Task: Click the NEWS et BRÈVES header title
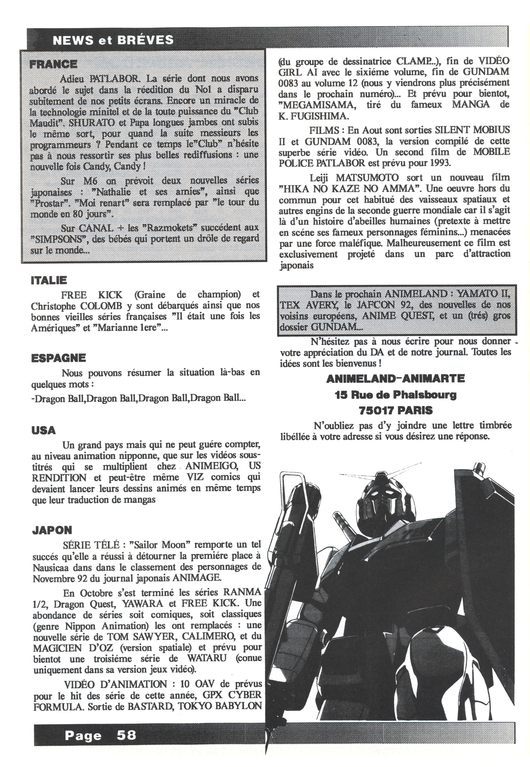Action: coord(113,40)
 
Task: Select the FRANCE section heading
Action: coord(54,64)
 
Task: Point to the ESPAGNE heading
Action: coord(58,358)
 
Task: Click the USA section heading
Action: coord(43,431)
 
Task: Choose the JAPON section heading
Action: coord(52,530)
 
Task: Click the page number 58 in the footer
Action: coord(126,735)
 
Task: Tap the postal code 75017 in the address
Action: coord(376,411)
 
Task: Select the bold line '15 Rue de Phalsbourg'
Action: coord(395,394)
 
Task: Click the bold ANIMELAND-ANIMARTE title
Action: coord(395,379)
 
